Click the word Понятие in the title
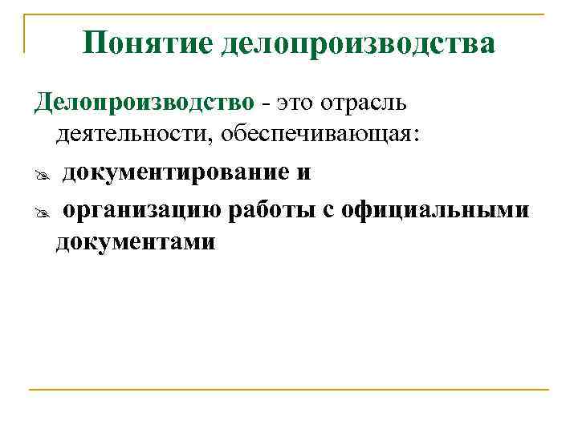point(146,43)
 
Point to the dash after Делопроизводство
point(265,104)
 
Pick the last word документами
point(136,241)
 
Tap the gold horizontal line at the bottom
point(289,391)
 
